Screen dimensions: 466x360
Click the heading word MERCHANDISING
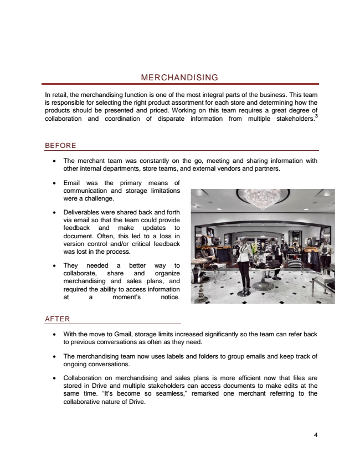[180, 78]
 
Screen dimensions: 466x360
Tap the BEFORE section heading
[60, 146]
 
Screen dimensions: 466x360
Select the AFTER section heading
[57, 319]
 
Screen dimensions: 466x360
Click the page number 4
[315, 434]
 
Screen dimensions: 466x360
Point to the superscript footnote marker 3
[316, 115]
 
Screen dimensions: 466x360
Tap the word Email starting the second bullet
[74, 183]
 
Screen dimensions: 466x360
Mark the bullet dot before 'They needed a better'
[54, 265]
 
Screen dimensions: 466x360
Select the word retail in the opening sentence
[59, 95]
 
